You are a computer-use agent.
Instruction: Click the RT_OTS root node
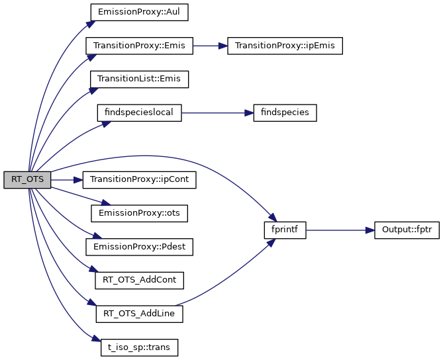pyautogui.click(x=27, y=180)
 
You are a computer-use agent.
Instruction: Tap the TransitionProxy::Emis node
pyautogui.click(x=139, y=46)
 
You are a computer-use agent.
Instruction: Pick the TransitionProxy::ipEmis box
pyautogui.click(x=285, y=46)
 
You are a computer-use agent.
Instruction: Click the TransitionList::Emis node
pyautogui.click(x=140, y=79)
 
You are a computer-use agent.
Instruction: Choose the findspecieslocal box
pyautogui.click(x=139, y=112)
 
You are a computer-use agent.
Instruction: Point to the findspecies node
pyautogui.click(x=285, y=112)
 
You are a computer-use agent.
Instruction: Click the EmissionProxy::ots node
pyautogui.click(x=139, y=213)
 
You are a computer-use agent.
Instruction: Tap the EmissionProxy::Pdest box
pyautogui.click(x=139, y=246)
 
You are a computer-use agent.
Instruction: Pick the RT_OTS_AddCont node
pyautogui.click(x=139, y=280)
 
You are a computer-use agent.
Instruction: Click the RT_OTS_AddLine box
pyautogui.click(x=139, y=313)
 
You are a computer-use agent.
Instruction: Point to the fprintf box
pyautogui.click(x=285, y=230)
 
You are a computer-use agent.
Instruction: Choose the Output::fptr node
pyautogui.click(x=407, y=230)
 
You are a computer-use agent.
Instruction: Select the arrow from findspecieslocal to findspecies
pyautogui.click(x=217, y=112)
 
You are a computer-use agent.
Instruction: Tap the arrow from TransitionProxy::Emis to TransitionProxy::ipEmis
pyautogui.click(x=210, y=46)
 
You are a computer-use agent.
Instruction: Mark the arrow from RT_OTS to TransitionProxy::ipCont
pyautogui.click(x=66, y=180)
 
